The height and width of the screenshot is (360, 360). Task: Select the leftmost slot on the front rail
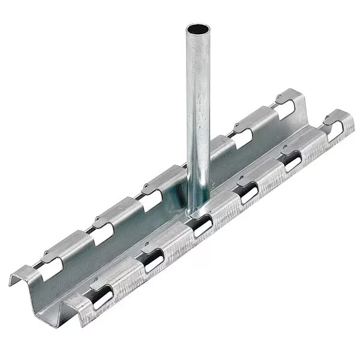coord(102,294)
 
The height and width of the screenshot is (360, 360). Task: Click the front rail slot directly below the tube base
coord(202,224)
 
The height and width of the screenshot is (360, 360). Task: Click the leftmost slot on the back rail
coord(49,273)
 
